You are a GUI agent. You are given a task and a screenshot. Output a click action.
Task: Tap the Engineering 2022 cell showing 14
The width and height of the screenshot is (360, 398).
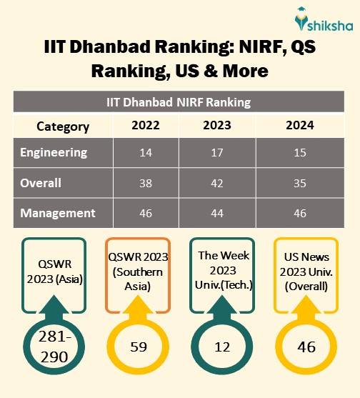[145, 152]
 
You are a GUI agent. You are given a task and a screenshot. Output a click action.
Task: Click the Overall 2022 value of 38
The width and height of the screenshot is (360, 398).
[145, 182]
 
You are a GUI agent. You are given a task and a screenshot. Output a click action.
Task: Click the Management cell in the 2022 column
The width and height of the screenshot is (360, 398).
[145, 212]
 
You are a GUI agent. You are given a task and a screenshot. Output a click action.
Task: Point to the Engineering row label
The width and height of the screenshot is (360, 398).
[54, 152]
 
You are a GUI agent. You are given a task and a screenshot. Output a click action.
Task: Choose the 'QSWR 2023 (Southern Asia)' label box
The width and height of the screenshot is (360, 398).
[136, 272]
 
